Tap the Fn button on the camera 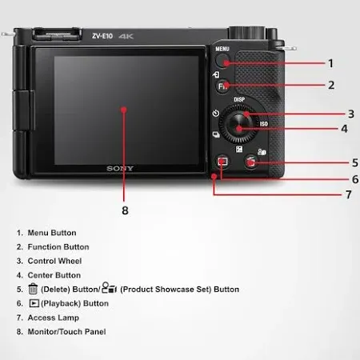click(225, 85)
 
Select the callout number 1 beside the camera click(330, 62)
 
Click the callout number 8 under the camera click(125, 210)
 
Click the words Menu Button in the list click(52, 233)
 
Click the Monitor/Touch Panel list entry click(66, 332)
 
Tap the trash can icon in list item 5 click(33, 289)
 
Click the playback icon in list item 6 click(33, 304)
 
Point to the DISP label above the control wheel click(238, 100)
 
